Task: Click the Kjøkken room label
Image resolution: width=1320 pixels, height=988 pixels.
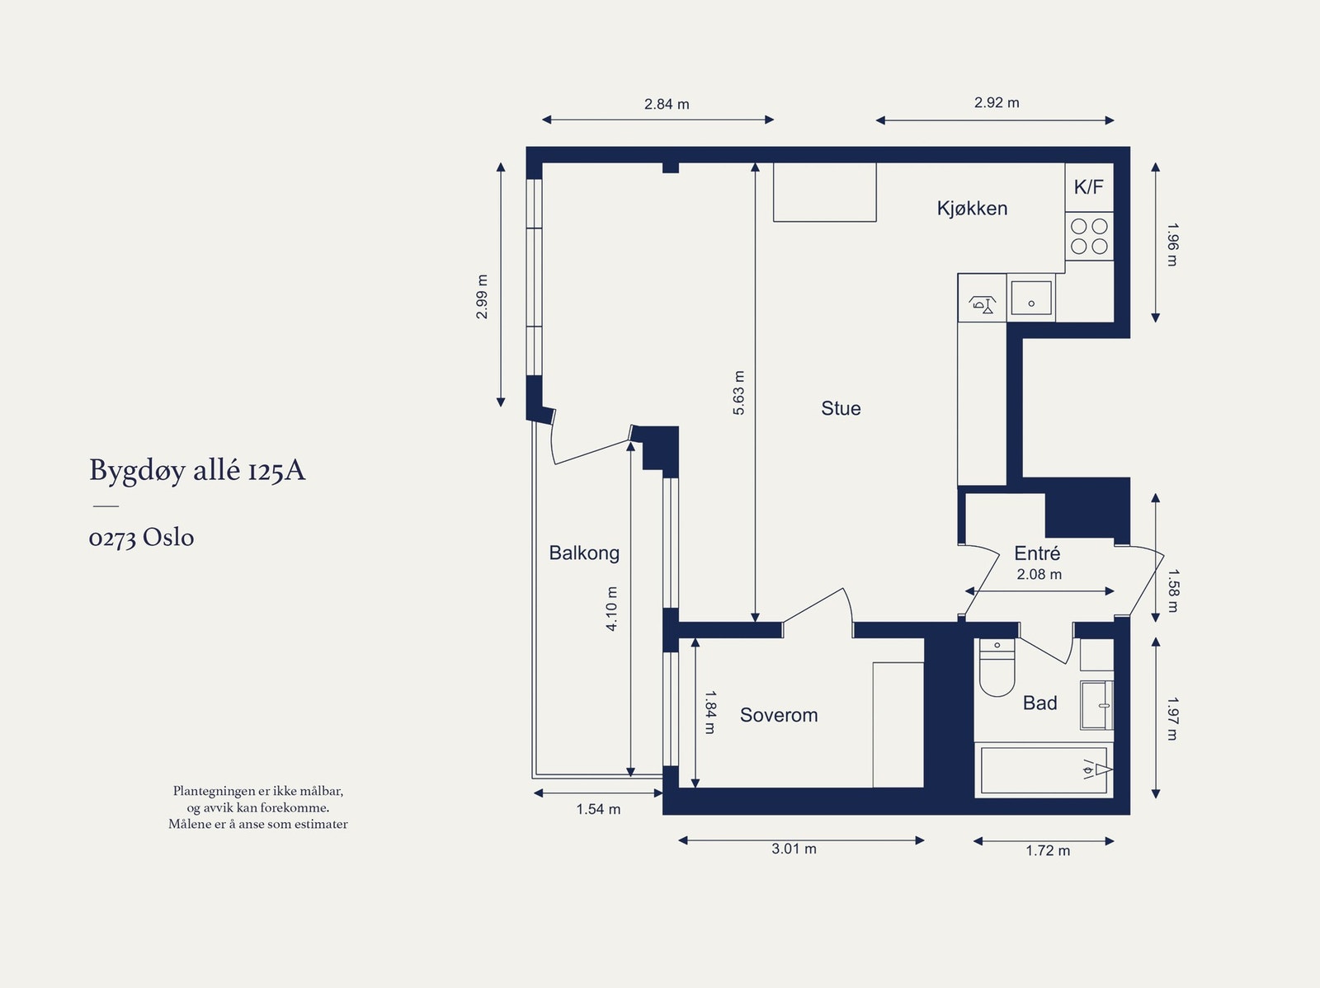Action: tap(972, 209)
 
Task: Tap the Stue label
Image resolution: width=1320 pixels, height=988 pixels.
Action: tap(841, 409)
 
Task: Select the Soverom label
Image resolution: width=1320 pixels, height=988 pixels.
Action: tap(779, 715)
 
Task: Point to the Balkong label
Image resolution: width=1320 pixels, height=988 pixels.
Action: tap(584, 553)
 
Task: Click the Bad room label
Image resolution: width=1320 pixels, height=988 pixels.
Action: tap(1039, 703)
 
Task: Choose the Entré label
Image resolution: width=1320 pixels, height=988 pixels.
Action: tap(1037, 553)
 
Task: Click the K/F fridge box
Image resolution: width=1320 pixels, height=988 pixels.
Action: tap(1089, 187)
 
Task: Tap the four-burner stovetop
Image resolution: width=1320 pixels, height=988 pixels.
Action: tap(1089, 236)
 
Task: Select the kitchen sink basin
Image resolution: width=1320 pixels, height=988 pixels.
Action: tap(1030, 298)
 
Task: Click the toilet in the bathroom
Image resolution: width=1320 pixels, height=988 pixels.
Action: tap(997, 667)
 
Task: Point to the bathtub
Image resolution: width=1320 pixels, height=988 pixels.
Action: tap(1044, 769)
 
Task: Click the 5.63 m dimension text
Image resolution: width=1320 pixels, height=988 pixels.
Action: tap(739, 393)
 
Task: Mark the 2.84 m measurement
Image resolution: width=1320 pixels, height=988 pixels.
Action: tap(667, 105)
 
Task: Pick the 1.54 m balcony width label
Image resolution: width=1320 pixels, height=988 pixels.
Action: tap(598, 810)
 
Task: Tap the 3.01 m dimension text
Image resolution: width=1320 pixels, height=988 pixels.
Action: tap(794, 849)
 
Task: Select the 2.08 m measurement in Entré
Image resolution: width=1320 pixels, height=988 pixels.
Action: tap(1039, 575)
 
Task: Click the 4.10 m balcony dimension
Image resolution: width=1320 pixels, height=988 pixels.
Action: tap(611, 609)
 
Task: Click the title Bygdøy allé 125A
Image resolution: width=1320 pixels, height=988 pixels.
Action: tap(197, 471)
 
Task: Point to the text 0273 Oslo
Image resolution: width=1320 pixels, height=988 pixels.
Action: tap(141, 538)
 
